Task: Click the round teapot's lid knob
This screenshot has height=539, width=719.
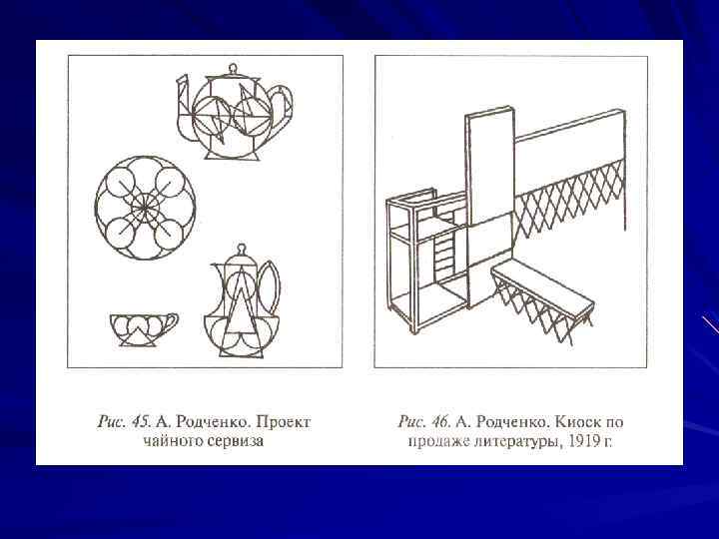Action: [x=233, y=69]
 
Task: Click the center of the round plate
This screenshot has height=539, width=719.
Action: [x=145, y=208]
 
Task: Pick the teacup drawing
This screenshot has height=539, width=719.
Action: [x=144, y=329]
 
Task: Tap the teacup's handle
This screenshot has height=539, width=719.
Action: [x=171, y=320]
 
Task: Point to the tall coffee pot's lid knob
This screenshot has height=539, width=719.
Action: [x=241, y=250]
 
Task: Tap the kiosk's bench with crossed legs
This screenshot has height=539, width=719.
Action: [x=543, y=300]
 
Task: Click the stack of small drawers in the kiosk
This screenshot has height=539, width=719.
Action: [x=444, y=255]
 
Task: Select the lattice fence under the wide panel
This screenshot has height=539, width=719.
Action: [x=569, y=200]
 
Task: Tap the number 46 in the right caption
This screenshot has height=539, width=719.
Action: [x=440, y=421]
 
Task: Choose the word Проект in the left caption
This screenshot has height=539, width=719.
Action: [x=283, y=422]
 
